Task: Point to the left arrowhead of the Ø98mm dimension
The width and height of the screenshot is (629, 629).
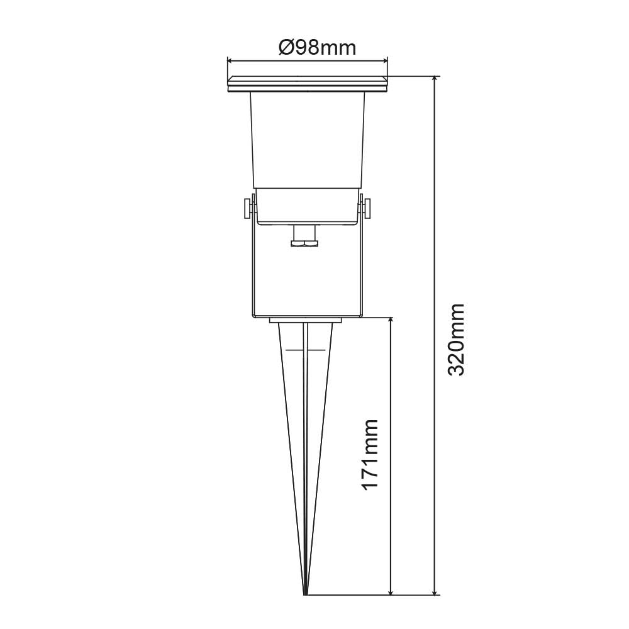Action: click(x=230, y=61)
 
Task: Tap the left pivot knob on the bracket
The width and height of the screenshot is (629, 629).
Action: click(x=244, y=208)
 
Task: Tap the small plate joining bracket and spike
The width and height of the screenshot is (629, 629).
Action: click(x=306, y=321)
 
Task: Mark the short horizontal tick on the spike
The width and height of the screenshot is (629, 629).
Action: click(x=296, y=350)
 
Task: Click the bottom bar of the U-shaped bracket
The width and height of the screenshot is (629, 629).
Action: click(x=307, y=316)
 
